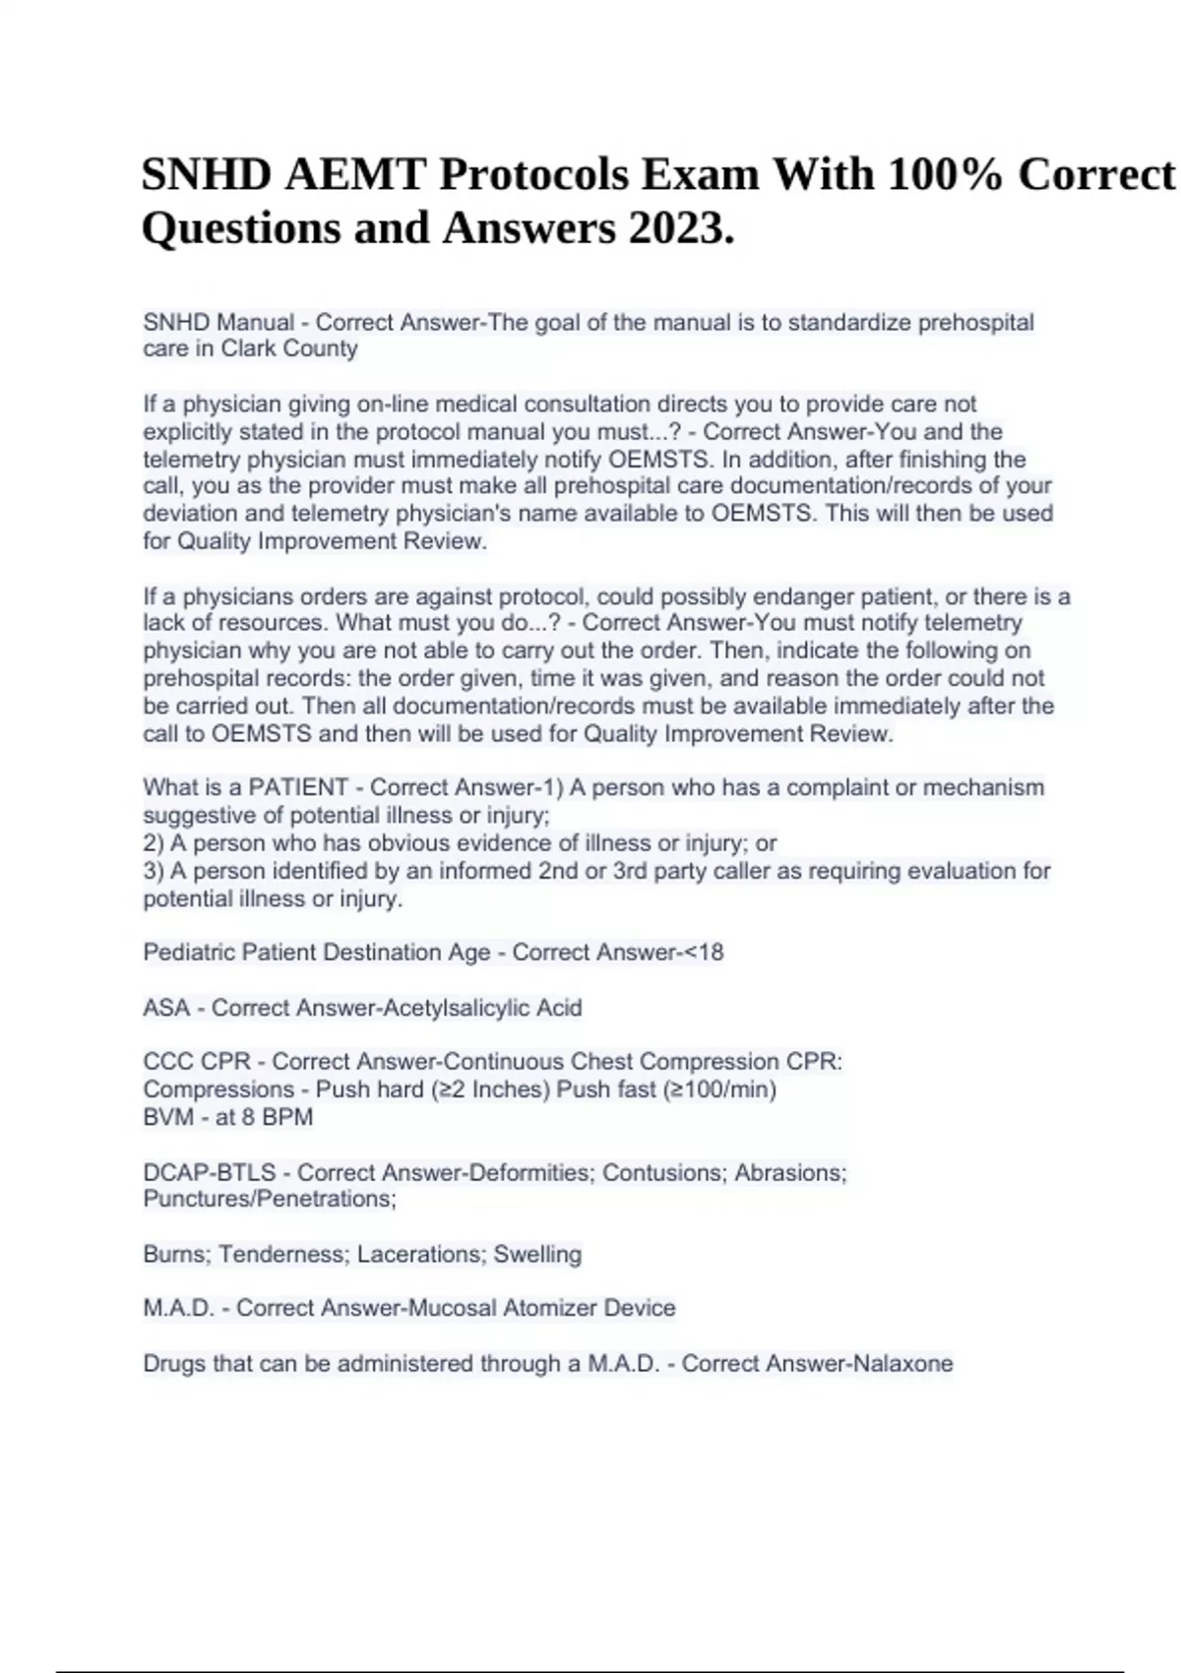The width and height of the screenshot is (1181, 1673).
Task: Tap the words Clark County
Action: (x=289, y=348)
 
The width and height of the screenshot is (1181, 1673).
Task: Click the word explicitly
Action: (x=188, y=431)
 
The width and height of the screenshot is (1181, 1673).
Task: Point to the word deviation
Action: (x=188, y=513)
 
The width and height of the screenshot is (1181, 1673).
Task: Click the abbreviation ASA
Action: (x=166, y=1008)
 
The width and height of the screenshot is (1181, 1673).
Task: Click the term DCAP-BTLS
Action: (x=210, y=1172)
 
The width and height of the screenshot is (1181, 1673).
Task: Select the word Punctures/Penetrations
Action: (x=269, y=1199)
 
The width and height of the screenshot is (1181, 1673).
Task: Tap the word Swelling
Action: (x=537, y=1254)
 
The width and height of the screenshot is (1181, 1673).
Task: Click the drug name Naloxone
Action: (x=902, y=1363)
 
